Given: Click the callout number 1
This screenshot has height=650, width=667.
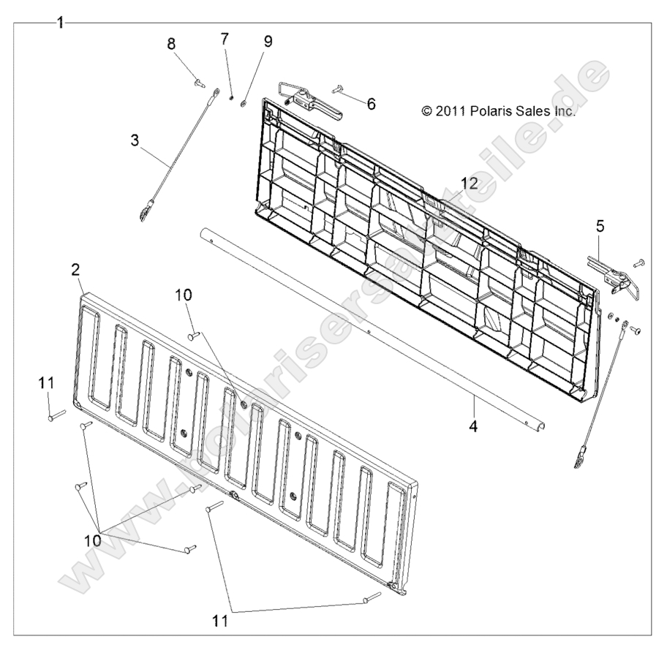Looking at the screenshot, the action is click(61, 23).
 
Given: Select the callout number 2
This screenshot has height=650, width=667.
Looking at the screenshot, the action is click(76, 269).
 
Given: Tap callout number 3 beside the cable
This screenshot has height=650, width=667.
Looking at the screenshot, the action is click(135, 140).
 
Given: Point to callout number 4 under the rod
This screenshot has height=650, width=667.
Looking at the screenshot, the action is click(473, 426).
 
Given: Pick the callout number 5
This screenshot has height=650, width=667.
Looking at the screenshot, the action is click(600, 227).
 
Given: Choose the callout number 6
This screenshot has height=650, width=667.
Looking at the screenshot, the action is click(371, 103).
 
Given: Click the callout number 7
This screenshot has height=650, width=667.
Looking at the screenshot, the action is click(225, 39).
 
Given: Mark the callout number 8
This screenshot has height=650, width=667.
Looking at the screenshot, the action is click(171, 43).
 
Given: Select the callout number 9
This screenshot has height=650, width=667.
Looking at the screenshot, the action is click(268, 41).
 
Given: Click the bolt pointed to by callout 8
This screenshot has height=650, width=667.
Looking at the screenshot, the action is click(199, 83).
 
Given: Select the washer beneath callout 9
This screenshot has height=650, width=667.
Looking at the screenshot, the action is click(244, 103).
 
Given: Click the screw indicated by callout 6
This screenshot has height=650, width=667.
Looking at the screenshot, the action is click(338, 88).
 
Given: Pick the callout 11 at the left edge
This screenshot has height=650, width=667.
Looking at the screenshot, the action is click(46, 383).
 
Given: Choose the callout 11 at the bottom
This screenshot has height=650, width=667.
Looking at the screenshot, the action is click(220, 621).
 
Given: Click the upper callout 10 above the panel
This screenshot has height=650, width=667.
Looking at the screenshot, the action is click(184, 295).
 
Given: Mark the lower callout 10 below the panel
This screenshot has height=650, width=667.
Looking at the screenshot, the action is click(93, 540).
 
